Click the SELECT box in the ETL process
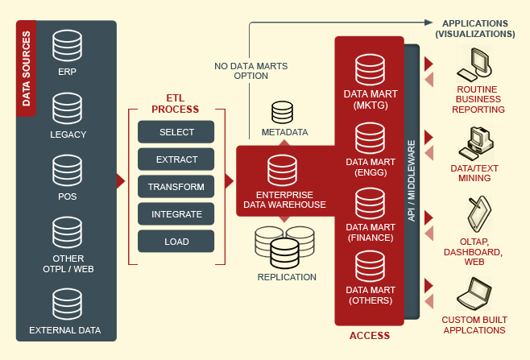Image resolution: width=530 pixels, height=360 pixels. tap(176, 132)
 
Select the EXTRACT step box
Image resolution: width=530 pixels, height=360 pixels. tap(176, 159)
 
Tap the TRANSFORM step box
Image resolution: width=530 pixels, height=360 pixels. tap(176, 187)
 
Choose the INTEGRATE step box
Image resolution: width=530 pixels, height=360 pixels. tap(176, 214)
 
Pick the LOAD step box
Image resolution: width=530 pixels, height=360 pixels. tap(176, 242)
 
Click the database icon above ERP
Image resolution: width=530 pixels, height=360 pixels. tap(67, 48)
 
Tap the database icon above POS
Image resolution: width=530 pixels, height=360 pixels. tap(67, 171)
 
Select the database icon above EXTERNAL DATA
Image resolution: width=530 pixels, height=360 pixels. tap(67, 305)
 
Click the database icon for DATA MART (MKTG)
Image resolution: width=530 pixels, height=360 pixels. tap(370, 70)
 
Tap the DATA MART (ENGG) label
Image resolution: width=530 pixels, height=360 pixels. tap(370, 167)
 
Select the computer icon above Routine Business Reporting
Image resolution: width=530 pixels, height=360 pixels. tap(480, 64)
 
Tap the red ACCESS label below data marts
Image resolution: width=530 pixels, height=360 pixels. tap(370, 335)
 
